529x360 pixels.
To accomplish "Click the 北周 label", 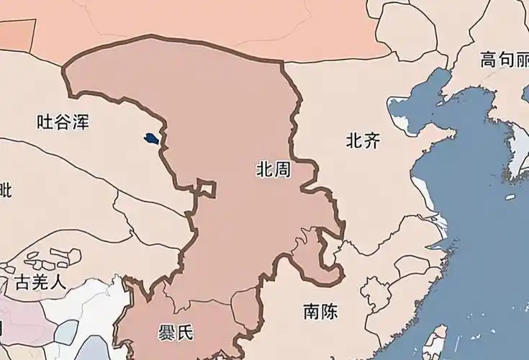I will [273, 170].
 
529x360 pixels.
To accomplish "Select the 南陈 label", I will [320, 312].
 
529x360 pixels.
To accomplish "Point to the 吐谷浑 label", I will [63, 122].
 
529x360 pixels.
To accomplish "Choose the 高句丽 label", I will [505, 60].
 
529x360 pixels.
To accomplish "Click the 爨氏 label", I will [176, 333].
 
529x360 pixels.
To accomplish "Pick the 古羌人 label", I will [40, 282].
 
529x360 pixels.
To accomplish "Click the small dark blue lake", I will [150, 138].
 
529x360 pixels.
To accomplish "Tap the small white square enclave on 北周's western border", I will [207, 189].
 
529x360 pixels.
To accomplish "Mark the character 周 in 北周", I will [282, 170].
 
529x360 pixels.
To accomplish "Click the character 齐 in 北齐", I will [371, 140].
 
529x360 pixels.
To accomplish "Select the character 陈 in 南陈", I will [329, 312].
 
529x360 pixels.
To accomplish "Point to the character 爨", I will [167, 333].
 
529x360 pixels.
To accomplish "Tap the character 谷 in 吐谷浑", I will [63, 122].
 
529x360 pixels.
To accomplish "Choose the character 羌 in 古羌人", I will [40, 282].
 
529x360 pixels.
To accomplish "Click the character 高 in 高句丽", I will [489, 60].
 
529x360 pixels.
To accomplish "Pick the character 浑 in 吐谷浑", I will [80, 122].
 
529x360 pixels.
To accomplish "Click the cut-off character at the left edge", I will [5, 191].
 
